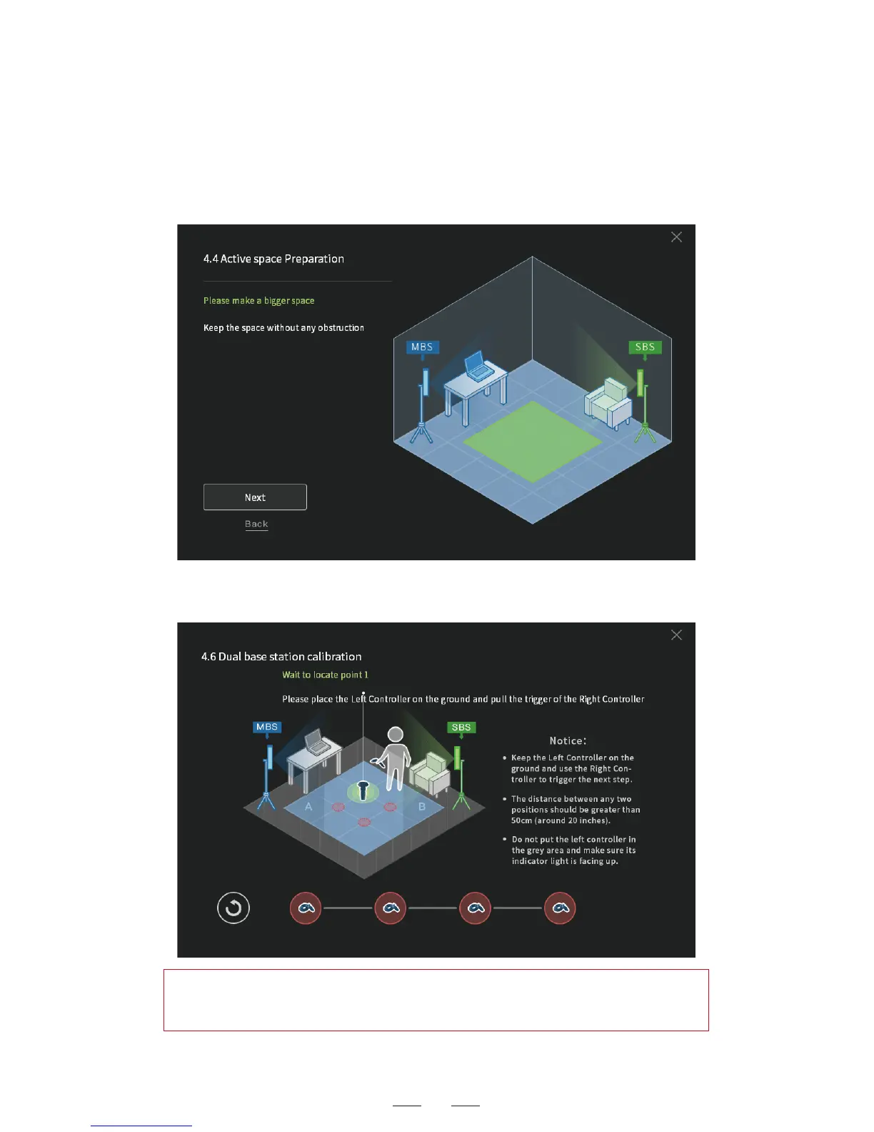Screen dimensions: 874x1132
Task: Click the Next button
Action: pyautogui.click(x=255, y=497)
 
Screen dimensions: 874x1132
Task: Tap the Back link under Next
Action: pyautogui.click(x=256, y=525)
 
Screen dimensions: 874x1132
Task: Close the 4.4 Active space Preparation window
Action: pyautogui.click(x=676, y=237)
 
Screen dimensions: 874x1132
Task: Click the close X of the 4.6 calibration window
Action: pyautogui.click(x=676, y=635)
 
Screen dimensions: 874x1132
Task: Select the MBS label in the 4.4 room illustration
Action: pyautogui.click(x=422, y=347)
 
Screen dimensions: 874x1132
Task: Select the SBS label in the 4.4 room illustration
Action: pyautogui.click(x=645, y=347)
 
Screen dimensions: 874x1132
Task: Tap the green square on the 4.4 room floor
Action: pyautogui.click(x=533, y=441)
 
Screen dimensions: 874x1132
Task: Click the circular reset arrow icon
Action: pyautogui.click(x=233, y=908)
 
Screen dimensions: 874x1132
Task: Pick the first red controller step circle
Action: pyautogui.click(x=306, y=908)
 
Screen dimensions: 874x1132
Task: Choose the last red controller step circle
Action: pyautogui.click(x=560, y=908)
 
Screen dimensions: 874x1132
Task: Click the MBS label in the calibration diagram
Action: pyautogui.click(x=267, y=727)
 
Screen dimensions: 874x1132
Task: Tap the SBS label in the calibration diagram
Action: pyautogui.click(x=461, y=728)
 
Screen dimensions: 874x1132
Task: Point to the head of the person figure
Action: pyautogui.click(x=395, y=735)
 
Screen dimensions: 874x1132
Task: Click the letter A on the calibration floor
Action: pyautogui.click(x=308, y=806)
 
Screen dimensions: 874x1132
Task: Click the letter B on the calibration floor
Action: pyautogui.click(x=422, y=806)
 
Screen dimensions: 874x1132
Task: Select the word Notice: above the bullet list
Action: pyautogui.click(x=568, y=741)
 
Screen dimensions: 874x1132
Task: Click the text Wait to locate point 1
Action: pyautogui.click(x=325, y=675)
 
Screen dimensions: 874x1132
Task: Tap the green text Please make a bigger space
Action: pyautogui.click(x=258, y=301)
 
